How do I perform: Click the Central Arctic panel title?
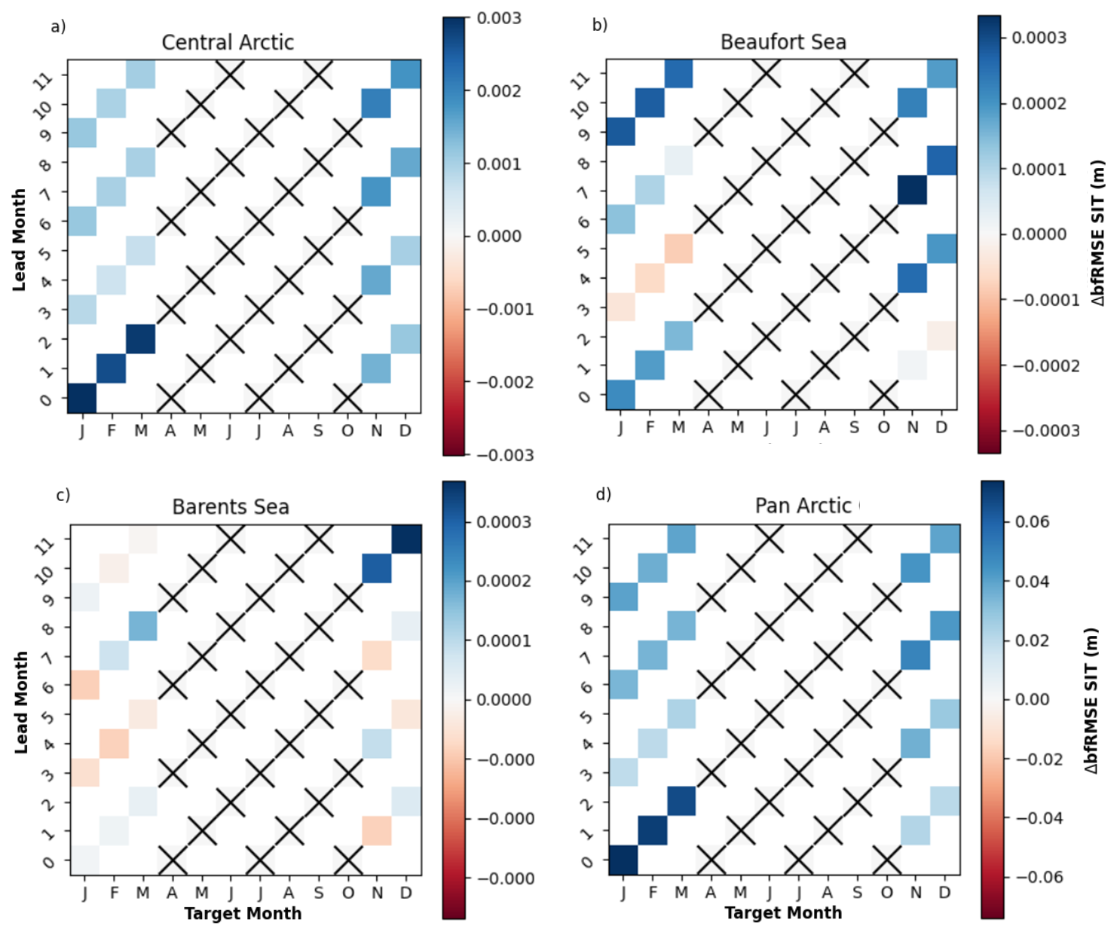point(228,42)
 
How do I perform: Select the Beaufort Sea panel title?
point(783,42)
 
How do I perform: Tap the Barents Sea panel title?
point(231,506)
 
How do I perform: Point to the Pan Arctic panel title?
point(803,506)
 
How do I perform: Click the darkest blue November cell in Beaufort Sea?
point(913,190)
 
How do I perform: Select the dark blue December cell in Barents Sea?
point(406,539)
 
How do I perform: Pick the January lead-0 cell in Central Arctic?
point(82,398)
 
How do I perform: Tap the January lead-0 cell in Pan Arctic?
point(623,860)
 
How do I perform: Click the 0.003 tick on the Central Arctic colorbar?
point(499,18)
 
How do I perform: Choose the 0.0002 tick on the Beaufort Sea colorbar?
point(1039,103)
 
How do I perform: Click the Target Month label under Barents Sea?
point(243,913)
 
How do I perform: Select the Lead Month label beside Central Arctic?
point(20,240)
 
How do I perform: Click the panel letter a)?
point(58,27)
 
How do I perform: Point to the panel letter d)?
point(603,494)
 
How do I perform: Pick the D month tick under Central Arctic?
point(405,431)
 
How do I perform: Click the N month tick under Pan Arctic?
point(916,893)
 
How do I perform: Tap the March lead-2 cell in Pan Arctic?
point(681,801)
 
